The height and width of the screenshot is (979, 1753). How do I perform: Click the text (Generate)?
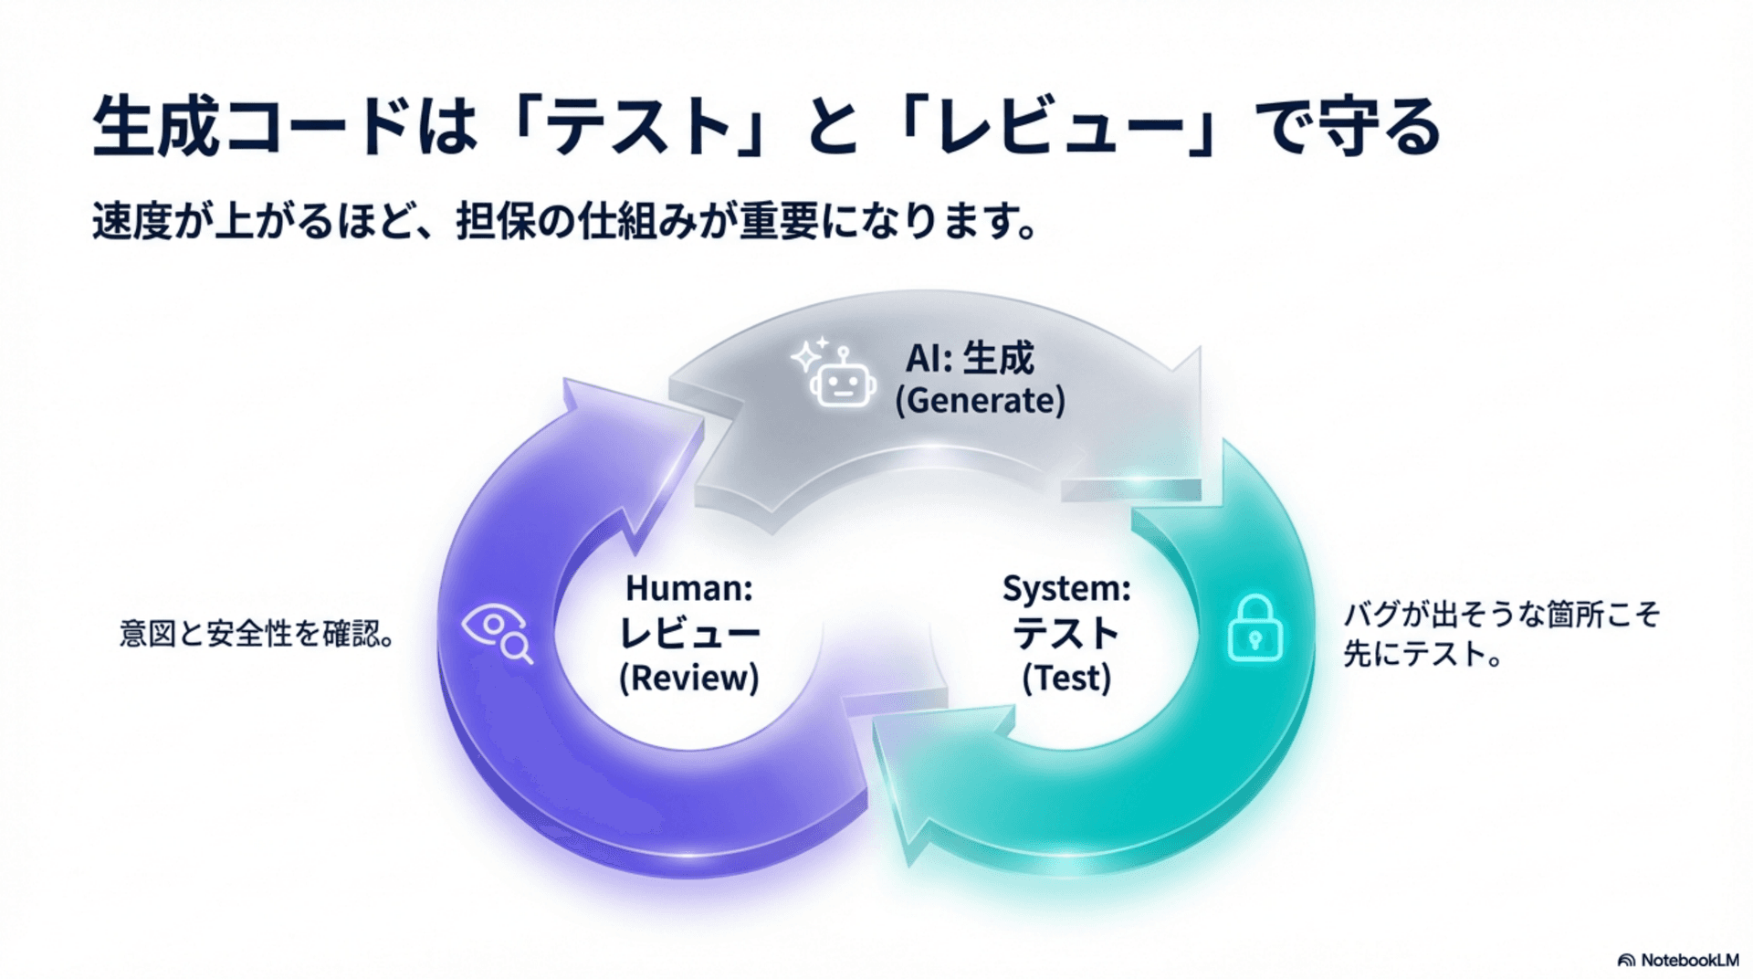(980, 401)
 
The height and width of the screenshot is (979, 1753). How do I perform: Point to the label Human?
(689, 589)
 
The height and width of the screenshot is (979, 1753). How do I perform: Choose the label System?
(1066, 589)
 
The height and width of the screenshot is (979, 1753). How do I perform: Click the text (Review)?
(689, 679)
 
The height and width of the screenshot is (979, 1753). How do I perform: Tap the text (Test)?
(1066, 679)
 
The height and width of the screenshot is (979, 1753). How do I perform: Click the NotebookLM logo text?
(1689, 961)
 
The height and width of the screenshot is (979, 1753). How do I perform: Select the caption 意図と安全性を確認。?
(257, 634)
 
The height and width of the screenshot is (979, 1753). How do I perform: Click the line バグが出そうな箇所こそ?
(1500, 615)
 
